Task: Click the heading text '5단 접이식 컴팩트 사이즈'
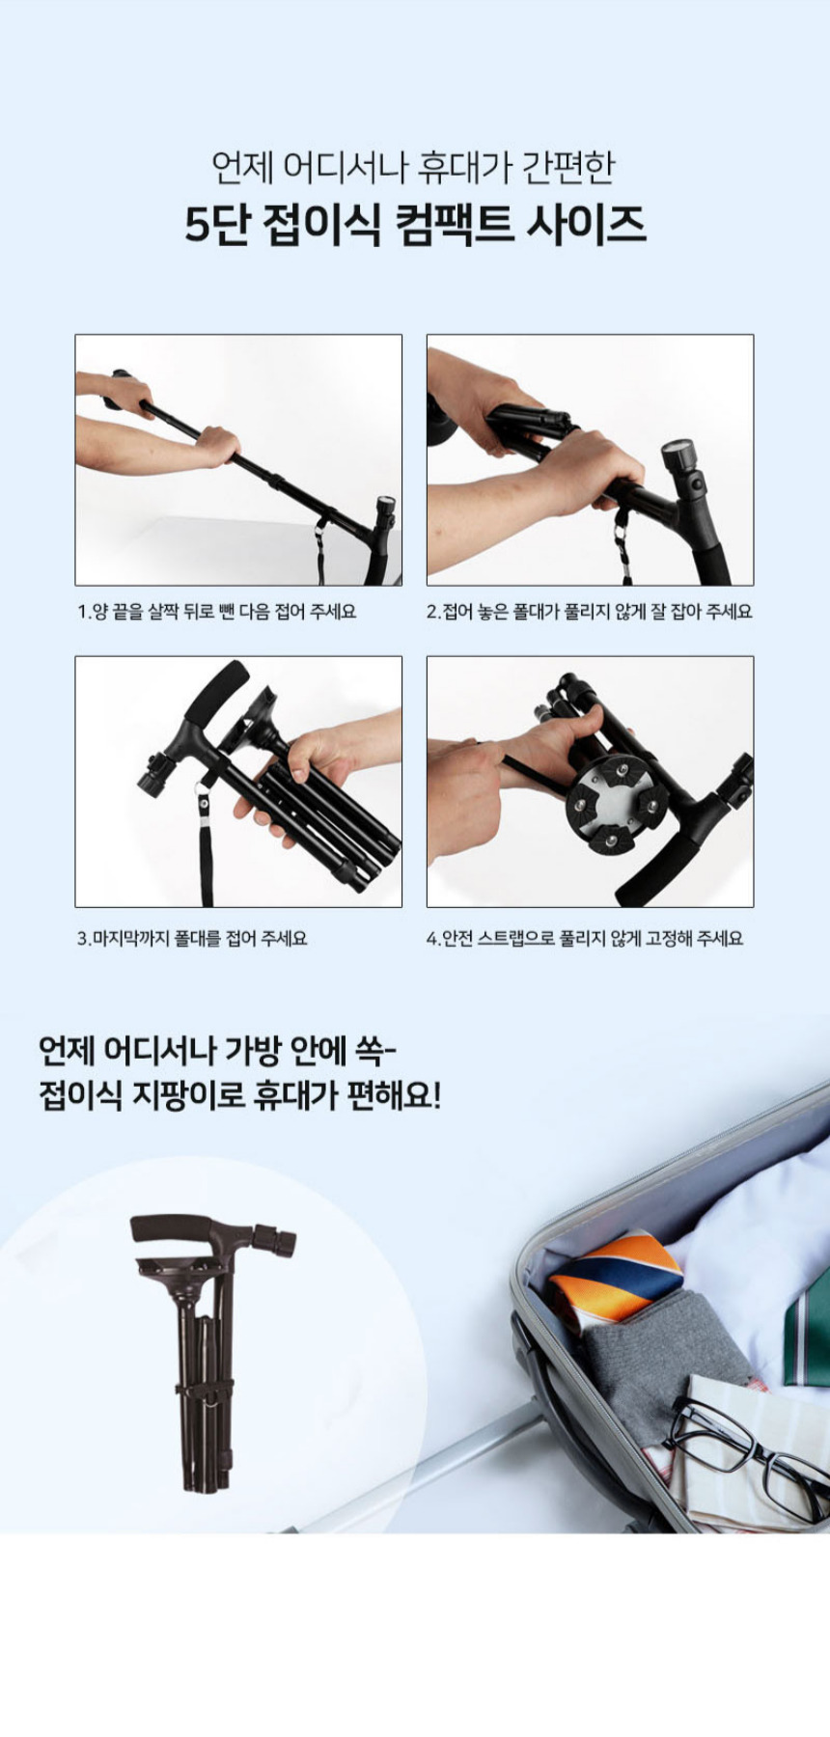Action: click(415, 225)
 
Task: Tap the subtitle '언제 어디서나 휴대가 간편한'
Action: click(414, 167)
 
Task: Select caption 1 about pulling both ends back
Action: click(216, 612)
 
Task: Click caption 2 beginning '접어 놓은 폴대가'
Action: click(590, 612)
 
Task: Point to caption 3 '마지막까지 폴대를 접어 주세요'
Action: click(192, 938)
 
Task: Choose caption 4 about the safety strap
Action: click(585, 938)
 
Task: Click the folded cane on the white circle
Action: click(207, 1351)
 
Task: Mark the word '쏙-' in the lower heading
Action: click(384, 1049)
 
